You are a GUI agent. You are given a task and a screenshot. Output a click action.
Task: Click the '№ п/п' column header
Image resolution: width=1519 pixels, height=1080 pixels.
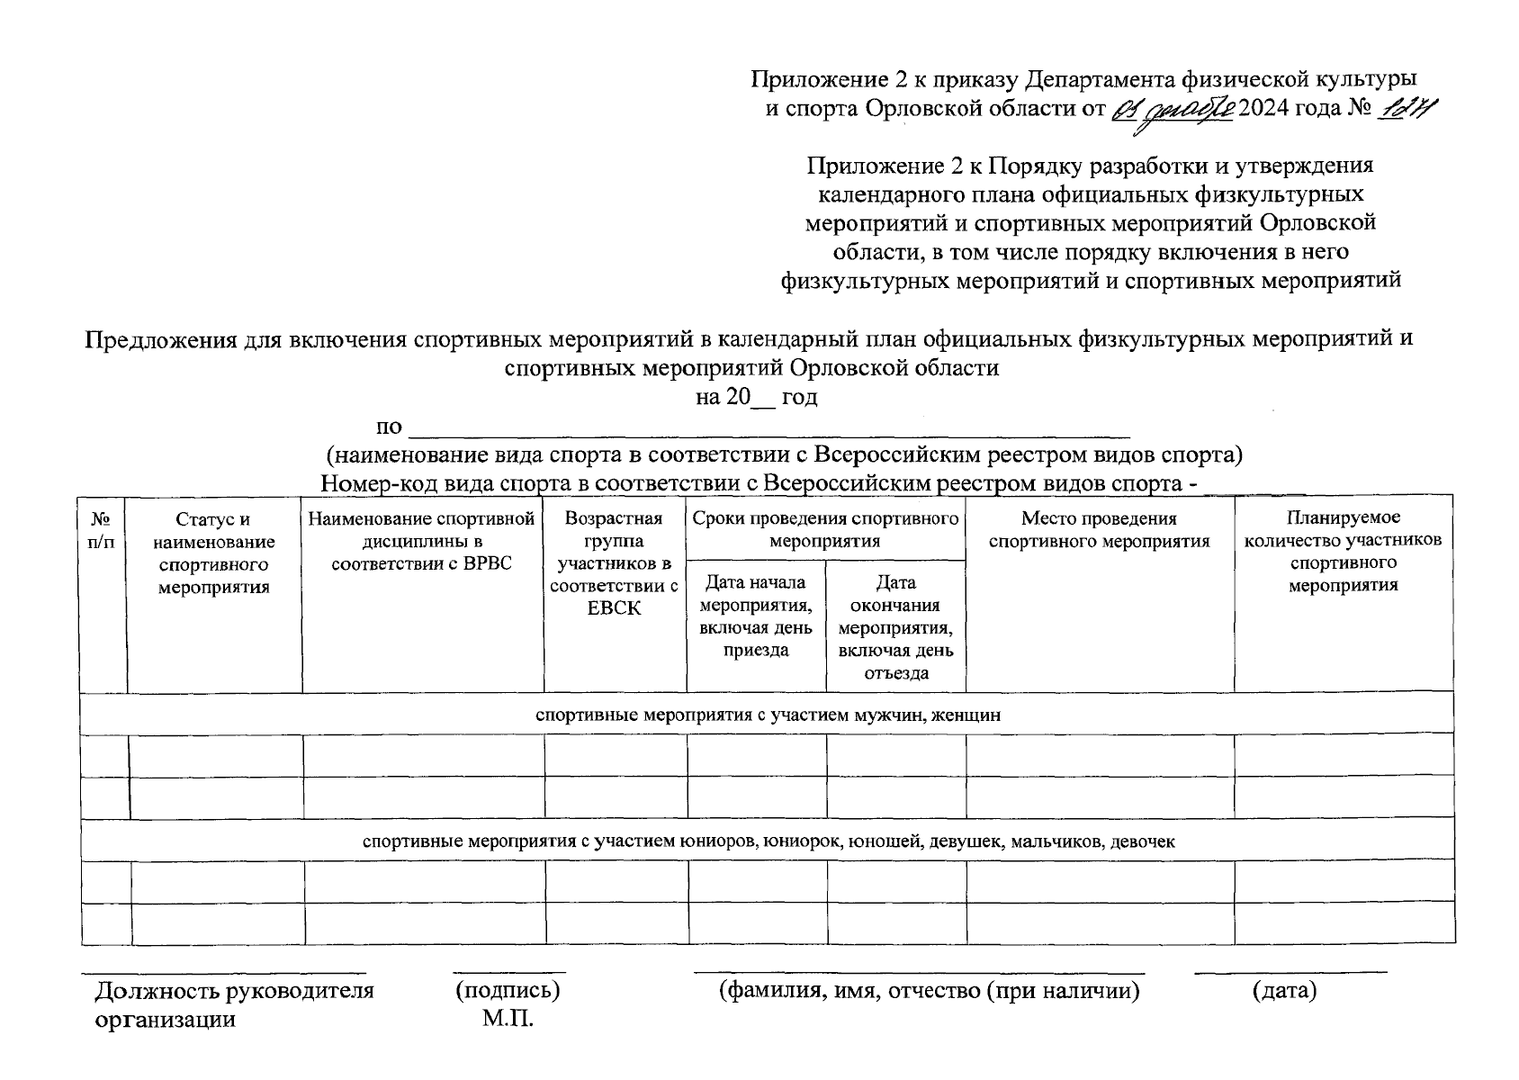click(x=102, y=530)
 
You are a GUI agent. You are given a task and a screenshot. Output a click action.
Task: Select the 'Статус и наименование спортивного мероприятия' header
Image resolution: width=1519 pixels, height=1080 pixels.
click(x=213, y=553)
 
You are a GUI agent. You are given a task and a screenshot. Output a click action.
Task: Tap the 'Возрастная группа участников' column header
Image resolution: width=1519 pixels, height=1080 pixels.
click(x=614, y=563)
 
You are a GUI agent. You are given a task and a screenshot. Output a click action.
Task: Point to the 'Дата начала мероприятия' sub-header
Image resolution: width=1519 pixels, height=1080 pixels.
click(x=756, y=616)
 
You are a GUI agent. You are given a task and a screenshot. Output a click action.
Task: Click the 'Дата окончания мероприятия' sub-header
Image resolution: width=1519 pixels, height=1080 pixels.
click(x=895, y=627)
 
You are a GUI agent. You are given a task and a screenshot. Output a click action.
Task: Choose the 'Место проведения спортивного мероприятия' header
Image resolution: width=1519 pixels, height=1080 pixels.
click(x=1099, y=530)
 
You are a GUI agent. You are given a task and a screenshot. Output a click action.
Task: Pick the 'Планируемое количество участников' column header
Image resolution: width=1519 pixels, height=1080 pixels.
click(x=1343, y=551)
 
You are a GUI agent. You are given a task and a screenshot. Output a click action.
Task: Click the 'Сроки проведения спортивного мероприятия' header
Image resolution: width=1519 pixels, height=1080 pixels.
click(x=824, y=530)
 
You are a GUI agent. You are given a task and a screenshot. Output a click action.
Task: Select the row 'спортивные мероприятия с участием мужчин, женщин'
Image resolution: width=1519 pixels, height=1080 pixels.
click(x=768, y=715)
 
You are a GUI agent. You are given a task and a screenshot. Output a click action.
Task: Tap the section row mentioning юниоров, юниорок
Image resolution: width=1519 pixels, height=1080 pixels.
click(x=768, y=841)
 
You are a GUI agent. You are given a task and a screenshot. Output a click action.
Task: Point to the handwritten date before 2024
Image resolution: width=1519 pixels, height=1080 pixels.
click(x=1173, y=110)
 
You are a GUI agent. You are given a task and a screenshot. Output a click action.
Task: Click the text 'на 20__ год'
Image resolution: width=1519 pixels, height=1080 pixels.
click(x=756, y=397)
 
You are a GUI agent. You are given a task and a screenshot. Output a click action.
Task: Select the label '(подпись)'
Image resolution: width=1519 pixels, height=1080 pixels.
click(x=508, y=991)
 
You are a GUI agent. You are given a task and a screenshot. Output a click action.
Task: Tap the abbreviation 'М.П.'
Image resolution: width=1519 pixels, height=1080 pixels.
click(x=508, y=1020)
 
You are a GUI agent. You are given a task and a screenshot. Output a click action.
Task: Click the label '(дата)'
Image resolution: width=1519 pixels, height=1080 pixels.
click(x=1284, y=991)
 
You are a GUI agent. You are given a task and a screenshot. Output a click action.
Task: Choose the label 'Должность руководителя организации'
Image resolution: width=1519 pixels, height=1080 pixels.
click(x=234, y=1004)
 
